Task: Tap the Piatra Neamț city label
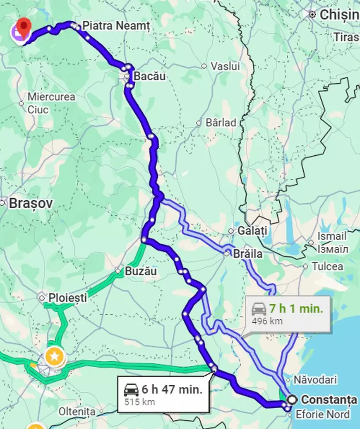115,25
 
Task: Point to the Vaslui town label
225,66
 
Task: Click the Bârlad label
221,123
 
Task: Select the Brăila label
247,253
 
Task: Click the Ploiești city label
67,297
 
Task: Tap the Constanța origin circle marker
292,400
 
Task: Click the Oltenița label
77,412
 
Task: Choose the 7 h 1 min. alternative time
295,308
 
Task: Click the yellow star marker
54,355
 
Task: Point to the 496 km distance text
267,321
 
